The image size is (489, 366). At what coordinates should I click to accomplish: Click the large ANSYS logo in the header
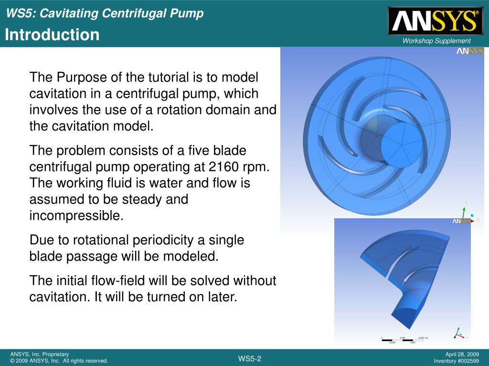[435, 21]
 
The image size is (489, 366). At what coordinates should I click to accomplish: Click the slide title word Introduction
[53, 35]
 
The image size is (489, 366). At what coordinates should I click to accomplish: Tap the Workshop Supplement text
[436, 41]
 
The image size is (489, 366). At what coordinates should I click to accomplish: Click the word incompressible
[76, 215]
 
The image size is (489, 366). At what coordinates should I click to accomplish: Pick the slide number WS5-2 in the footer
[250, 358]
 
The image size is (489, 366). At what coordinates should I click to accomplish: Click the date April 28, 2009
[462, 354]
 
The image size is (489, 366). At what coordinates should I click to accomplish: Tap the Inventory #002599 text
[456, 361]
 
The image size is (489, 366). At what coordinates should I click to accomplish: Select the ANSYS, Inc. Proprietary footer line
[40, 354]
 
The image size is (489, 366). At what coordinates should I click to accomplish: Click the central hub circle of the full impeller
[401, 144]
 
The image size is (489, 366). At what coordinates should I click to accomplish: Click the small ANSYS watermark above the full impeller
[469, 51]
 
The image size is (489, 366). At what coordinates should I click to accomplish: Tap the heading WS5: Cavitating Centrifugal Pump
[105, 13]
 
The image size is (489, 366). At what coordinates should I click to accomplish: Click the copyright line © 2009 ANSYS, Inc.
[59, 361]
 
